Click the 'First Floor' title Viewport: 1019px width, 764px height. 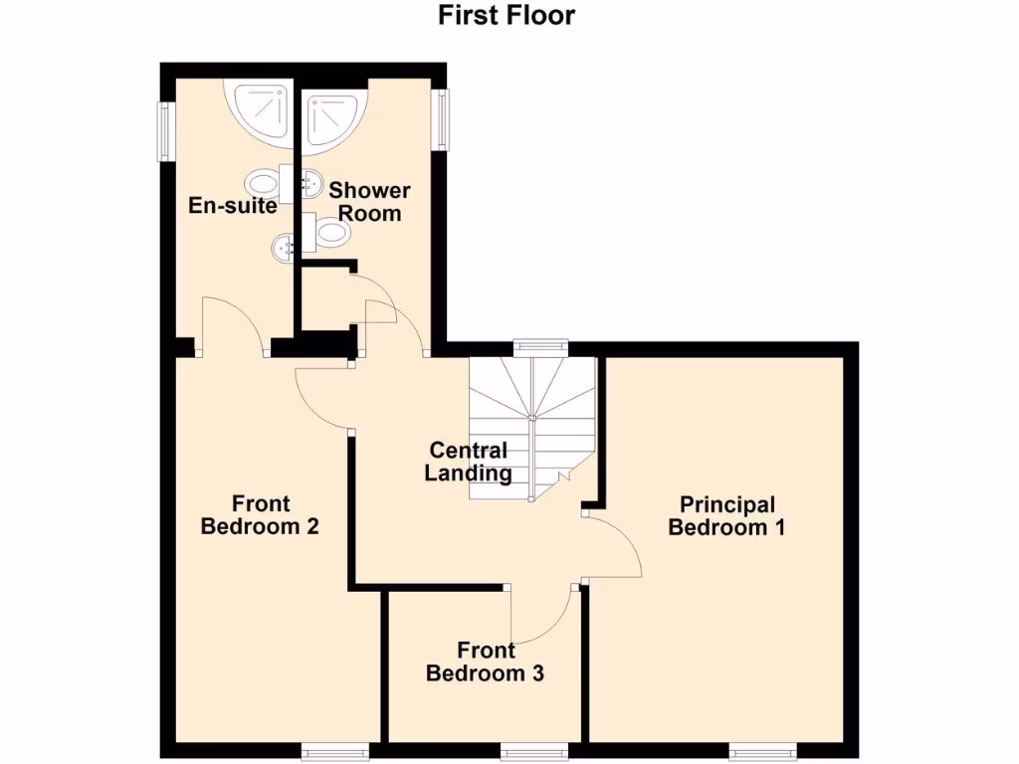pos(507,15)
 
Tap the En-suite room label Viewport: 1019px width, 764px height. pos(233,206)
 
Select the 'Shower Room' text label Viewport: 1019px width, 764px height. pos(369,201)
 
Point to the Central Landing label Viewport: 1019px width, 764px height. pos(468,463)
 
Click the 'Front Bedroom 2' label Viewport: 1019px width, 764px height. pos(260,515)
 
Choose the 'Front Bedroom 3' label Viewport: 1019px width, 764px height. pos(485,663)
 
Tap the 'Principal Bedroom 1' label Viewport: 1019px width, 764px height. pos(726,516)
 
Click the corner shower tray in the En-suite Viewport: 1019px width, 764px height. pos(262,110)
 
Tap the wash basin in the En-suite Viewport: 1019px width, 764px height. pos(283,245)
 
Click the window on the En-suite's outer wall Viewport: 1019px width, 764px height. pos(164,128)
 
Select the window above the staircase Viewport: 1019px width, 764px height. pos(540,346)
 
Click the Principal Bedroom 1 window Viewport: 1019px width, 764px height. pos(763,750)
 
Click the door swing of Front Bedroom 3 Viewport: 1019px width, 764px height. pos(541,617)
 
